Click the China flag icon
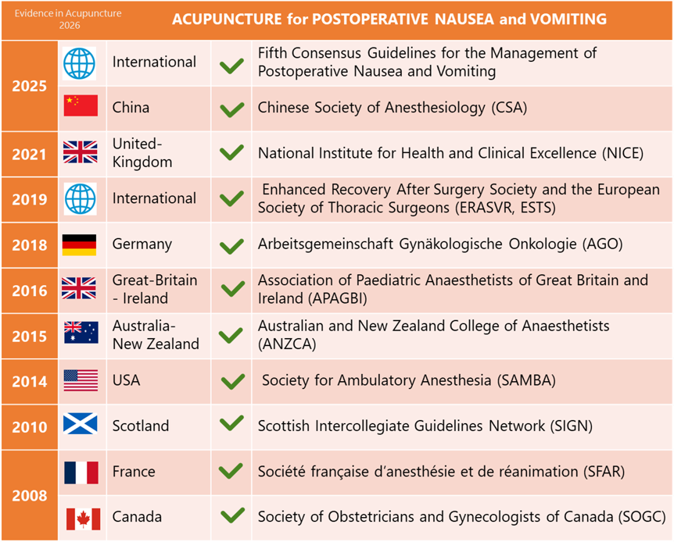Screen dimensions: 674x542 [81, 105]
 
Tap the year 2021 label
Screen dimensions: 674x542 [29, 154]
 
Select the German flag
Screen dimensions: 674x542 [79, 244]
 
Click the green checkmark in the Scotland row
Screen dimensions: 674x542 [231, 423]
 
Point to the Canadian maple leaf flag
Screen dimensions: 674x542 [84, 519]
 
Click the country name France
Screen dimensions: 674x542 [134, 472]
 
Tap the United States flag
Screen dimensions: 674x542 [81, 380]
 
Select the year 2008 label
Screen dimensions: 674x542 [29, 496]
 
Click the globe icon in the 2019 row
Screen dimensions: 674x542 [81, 199]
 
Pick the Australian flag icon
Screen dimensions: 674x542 [81, 333]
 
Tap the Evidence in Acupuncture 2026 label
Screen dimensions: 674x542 [68, 20]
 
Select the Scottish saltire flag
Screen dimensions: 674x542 [80, 423]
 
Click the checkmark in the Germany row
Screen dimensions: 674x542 [231, 246]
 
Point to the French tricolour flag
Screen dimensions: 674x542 [81, 472]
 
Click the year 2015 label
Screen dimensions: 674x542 [29, 337]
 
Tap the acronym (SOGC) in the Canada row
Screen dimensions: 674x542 [642, 517]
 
